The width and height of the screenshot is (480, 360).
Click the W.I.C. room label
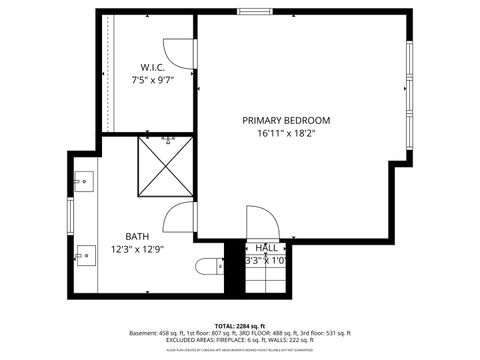pos(148,69)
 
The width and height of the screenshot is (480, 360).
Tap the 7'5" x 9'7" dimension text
pos(148,81)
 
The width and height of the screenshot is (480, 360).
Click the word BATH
pos(138,237)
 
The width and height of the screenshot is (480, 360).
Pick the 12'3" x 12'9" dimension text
pos(138,250)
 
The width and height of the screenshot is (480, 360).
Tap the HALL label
pos(267,247)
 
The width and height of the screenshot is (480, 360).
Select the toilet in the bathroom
pos(208,266)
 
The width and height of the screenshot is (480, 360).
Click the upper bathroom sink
pos(83,182)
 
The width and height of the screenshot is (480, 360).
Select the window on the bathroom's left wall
pos(70,214)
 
